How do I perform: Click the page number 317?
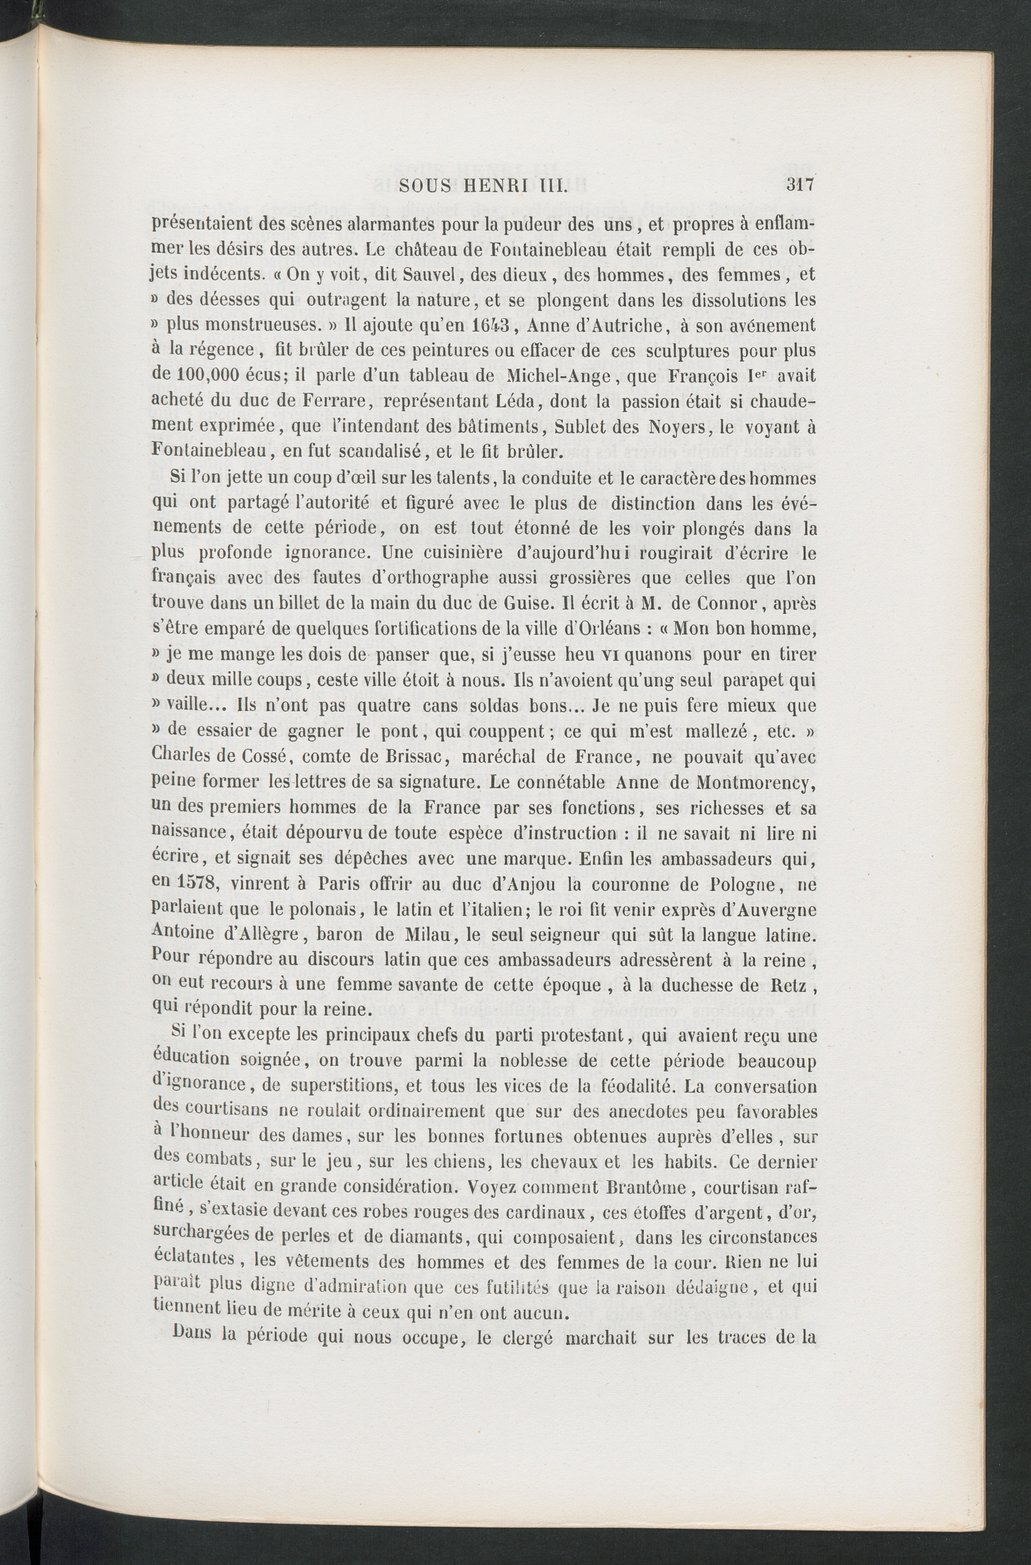point(800,186)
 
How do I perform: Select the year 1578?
point(199,883)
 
